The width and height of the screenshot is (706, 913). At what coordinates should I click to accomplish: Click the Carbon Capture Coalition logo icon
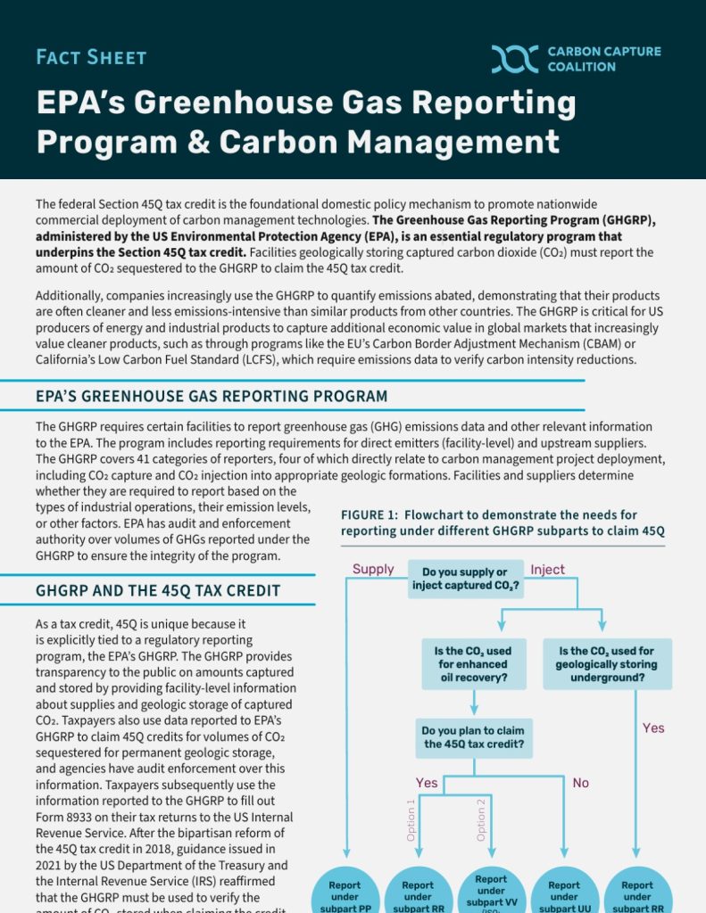(515, 59)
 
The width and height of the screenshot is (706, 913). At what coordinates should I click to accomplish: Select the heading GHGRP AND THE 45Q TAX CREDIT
(158, 590)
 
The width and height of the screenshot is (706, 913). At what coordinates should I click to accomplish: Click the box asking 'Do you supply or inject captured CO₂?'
(465, 579)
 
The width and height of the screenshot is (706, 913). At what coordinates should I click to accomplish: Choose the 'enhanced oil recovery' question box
(473, 663)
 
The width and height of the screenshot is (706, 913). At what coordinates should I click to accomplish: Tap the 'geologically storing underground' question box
(606, 663)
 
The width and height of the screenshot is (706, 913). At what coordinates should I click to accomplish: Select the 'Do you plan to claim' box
(473, 737)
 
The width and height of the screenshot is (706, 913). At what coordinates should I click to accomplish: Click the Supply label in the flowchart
(373, 569)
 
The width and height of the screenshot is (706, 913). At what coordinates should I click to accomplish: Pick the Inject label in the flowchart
(547, 569)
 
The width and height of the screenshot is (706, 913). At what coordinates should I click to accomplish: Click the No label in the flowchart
(580, 783)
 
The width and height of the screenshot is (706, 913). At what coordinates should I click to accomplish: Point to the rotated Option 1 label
(411, 820)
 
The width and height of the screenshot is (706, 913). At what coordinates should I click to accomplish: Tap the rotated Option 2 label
(481, 820)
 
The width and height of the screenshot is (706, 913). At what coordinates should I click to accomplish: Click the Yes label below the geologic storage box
(653, 728)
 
